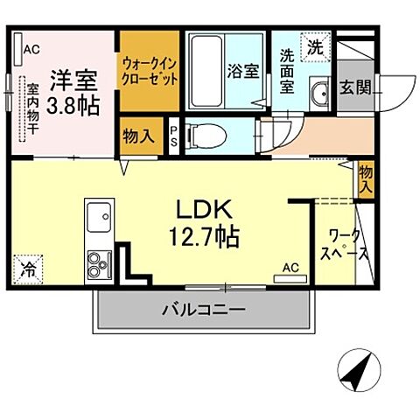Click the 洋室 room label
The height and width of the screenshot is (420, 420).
pyautogui.click(x=72, y=78)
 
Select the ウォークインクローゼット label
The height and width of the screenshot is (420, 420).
pyautogui.click(x=150, y=69)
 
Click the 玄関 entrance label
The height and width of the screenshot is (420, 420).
pyautogui.click(x=355, y=88)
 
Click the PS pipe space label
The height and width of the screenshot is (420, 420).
pyautogui.click(x=174, y=135)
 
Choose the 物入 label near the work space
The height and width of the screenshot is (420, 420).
pyautogui.click(x=366, y=179)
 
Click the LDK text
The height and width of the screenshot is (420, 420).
pyautogui.click(x=206, y=211)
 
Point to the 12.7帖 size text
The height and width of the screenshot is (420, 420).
pyautogui.click(x=206, y=235)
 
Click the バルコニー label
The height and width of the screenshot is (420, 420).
pyautogui.click(x=202, y=309)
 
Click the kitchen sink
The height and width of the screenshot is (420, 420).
pyautogui.click(x=98, y=213)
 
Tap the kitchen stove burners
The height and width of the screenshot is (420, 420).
pyautogui.click(x=97, y=260)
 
